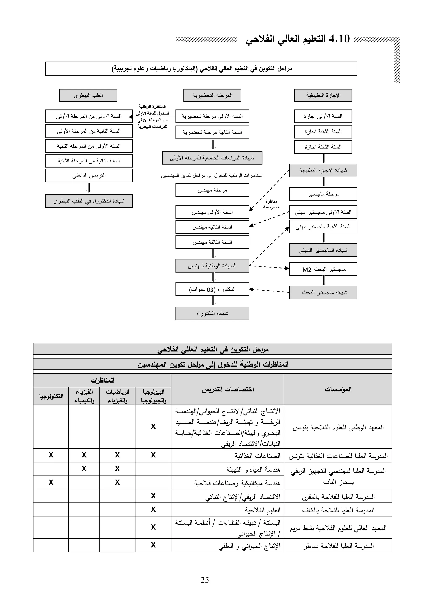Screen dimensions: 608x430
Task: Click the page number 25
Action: (x=205, y=580)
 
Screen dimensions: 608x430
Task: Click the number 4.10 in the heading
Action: (x=339, y=39)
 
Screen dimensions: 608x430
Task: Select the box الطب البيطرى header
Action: (x=88, y=95)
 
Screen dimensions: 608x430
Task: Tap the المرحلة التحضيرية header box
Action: (x=212, y=95)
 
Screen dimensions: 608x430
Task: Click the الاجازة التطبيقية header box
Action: (x=323, y=95)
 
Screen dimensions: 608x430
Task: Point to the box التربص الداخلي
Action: (x=89, y=176)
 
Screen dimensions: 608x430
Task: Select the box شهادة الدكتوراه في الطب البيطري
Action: (x=89, y=201)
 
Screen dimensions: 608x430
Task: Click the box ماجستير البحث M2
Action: (x=323, y=269)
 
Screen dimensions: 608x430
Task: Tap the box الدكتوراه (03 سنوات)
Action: (x=212, y=289)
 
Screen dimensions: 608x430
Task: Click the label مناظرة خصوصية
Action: (x=271, y=204)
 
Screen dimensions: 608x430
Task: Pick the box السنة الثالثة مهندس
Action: (x=212, y=242)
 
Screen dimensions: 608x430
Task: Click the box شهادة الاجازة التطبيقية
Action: (x=323, y=170)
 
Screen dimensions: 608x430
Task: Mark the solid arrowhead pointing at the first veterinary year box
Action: (x=131, y=117)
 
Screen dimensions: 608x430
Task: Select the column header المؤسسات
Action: (x=338, y=389)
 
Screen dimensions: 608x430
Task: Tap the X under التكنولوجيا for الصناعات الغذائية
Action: (x=51, y=455)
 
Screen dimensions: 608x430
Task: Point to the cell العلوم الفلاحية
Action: (x=262, y=510)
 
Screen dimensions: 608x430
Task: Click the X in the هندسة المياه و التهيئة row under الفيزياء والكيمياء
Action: (x=84, y=468)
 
